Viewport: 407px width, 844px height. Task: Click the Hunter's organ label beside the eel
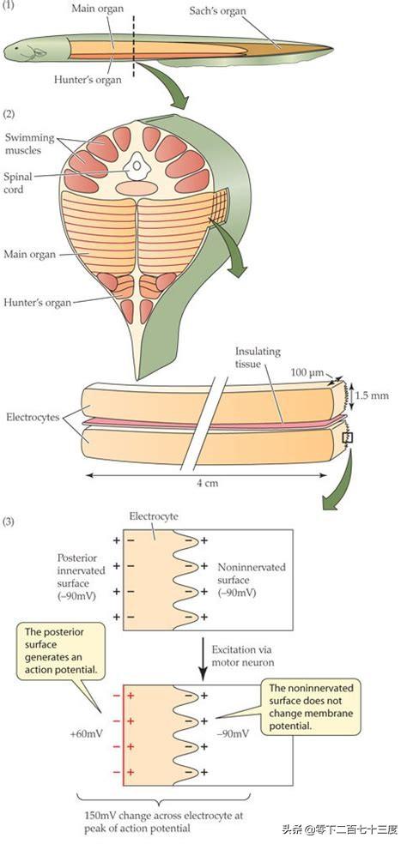(88, 79)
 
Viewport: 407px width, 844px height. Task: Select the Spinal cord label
(18, 180)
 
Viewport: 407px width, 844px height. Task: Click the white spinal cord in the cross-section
(137, 166)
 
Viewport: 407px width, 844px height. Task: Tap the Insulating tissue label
(258, 357)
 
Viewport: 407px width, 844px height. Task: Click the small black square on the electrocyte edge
(348, 438)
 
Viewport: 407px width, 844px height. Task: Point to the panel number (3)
(9, 521)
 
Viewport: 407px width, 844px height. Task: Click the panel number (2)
(9, 114)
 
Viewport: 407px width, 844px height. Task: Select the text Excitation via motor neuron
(243, 655)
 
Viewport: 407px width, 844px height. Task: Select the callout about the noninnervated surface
(311, 708)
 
